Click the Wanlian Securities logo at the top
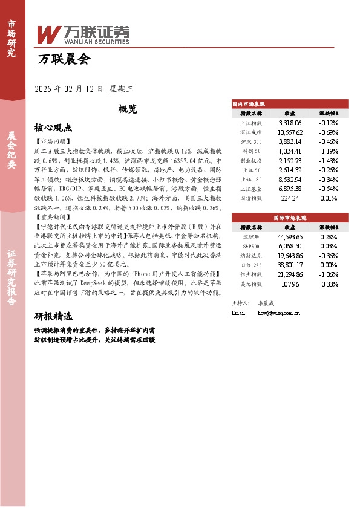click(83, 33)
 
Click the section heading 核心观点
click(53, 128)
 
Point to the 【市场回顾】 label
click(53, 141)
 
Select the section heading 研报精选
click(53, 316)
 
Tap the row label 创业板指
click(250, 161)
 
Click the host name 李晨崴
click(267, 302)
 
